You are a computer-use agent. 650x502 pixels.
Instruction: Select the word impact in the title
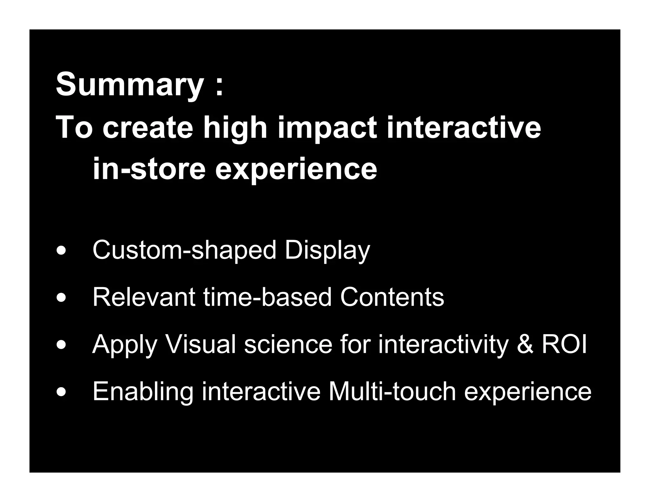coord(327,128)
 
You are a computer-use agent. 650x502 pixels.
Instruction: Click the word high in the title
coord(235,128)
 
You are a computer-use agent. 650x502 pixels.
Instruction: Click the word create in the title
coord(148,128)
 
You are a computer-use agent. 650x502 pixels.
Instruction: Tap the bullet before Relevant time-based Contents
coord(61,298)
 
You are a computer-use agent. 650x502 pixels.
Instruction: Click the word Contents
coord(392,297)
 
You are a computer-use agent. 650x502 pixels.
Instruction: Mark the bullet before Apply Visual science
coord(61,345)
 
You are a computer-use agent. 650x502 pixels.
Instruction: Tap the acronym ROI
coord(564,344)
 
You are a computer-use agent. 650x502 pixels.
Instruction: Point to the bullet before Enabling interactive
coord(61,392)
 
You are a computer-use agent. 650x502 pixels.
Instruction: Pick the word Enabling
coord(143,392)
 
